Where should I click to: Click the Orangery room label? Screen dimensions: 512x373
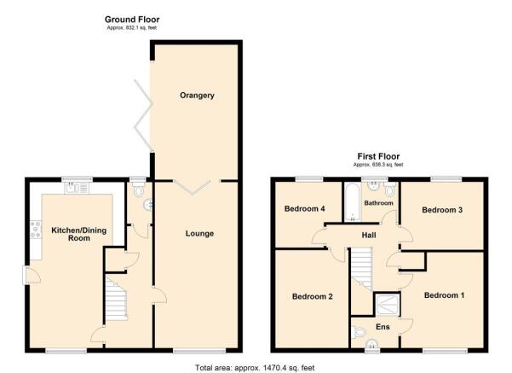(197, 96)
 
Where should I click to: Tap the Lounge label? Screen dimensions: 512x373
(199, 234)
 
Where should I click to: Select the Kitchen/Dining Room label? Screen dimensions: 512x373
(79, 234)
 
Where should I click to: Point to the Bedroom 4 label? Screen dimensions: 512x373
(304, 209)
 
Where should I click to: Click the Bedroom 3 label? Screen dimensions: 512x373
(442, 210)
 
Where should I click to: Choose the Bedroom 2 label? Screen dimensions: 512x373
(312, 296)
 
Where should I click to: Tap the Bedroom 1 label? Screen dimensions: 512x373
(444, 295)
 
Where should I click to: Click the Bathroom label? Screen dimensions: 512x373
(378, 203)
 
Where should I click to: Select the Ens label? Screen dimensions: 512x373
(383, 327)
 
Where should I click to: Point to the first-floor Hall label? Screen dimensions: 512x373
(369, 236)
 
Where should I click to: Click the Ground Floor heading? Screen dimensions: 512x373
(132, 20)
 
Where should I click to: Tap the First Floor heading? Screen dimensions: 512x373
(378, 156)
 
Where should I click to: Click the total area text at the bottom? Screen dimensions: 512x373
(255, 368)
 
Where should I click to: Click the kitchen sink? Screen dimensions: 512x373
(77, 188)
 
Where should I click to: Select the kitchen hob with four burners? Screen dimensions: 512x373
(36, 230)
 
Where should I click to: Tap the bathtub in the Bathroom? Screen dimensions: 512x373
(353, 203)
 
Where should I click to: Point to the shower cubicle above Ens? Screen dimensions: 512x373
(388, 305)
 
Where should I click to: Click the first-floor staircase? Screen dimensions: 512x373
(362, 268)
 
